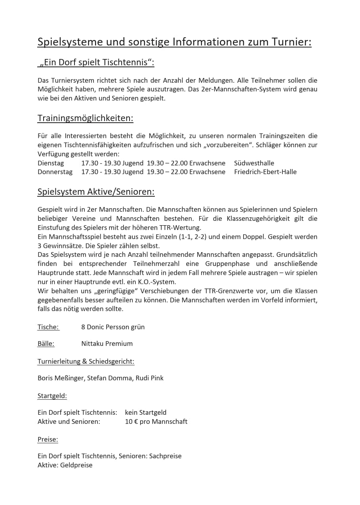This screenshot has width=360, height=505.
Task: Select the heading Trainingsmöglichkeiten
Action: tap(85, 118)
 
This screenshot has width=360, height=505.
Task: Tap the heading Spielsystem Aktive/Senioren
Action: tap(96, 192)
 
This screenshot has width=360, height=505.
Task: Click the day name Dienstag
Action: tap(51, 163)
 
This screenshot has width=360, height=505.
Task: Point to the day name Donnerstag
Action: tap(55, 172)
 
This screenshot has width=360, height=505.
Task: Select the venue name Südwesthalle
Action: tap(254, 163)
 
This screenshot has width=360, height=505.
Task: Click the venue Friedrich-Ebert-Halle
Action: tap(265, 172)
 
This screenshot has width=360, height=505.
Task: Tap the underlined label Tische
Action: tap(48, 327)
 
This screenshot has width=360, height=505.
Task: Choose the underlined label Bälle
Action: tap(46, 344)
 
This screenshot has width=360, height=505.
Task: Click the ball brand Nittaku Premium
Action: tap(107, 344)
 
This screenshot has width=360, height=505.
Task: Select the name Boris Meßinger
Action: tap(61, 378)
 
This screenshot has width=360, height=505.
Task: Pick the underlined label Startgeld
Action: tap(52, 396)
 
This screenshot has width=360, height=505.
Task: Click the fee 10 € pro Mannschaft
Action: tap(156, 421)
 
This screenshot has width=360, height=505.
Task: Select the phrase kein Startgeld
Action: tap(146, 413)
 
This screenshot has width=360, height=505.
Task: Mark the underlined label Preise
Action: tap(48, 439)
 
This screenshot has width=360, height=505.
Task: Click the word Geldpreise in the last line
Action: tap(76, 465)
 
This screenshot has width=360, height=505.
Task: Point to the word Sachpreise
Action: tap(165, 456)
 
